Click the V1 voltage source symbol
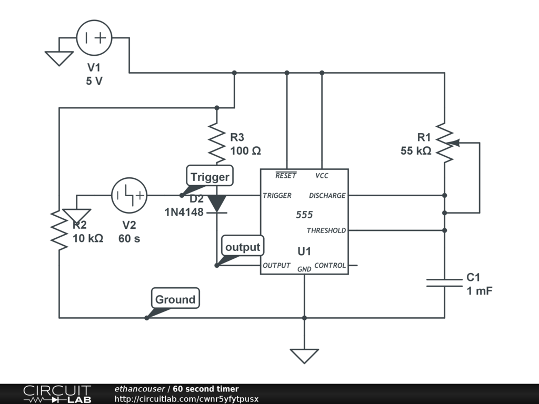pyautogui.click(x=94, y=38)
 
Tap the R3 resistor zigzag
pyautogui.click(x=217, y=143)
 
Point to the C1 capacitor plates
pyautogui.click(x=444, y=283)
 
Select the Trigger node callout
pyautogui.click(x=209, y=177)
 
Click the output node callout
pyautogui.click(x=242, y=247)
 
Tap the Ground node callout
pyautogui.click(x=175, y=299)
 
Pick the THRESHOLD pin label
pyautogui.click(x=326, y=230)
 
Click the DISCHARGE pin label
pyautogui.click(x=327, y=196)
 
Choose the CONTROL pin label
pyautogui.click(x=330, y=265)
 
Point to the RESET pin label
pyautogui.click(x=286, y=176)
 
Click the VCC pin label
pyautogui.click(x=322, y=176)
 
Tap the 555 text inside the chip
pyautogui.click(x=304, y=215)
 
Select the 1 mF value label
pyautogui.click(x=479, y=291)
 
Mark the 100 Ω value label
pyautogui.click(x=245, y=151)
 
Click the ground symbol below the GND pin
pyautogui.click(x=304, y=356)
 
